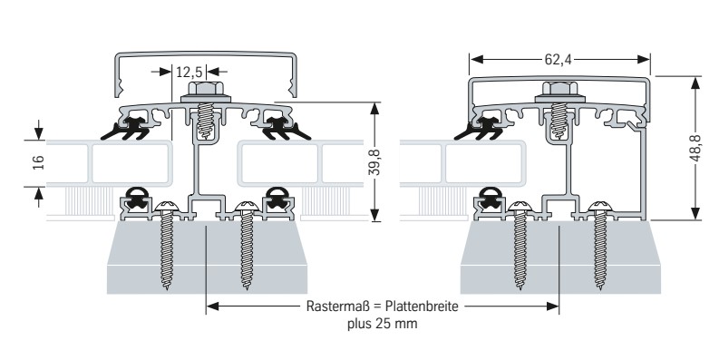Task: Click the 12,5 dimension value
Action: pos(189,72)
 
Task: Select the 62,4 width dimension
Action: pos(558,59)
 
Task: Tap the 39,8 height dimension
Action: pos(374,161)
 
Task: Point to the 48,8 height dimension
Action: pos(695,148)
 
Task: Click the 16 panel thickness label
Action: pos(38,162)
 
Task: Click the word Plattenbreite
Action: pos(422,306)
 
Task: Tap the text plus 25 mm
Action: pos(382,324)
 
